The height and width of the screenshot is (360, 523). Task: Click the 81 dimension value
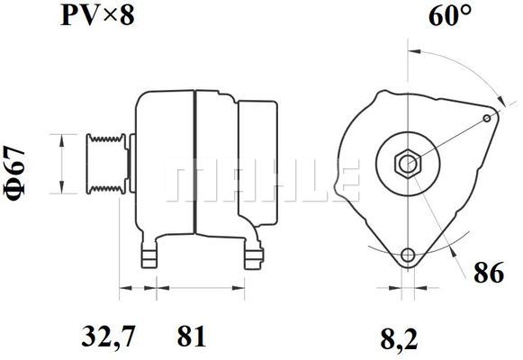[191, 339]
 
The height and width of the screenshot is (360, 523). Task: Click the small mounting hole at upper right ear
[488, 118]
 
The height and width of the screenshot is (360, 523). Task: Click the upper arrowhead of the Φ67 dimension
[61, 135]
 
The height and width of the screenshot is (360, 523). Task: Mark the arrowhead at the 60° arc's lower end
[500, 101]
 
